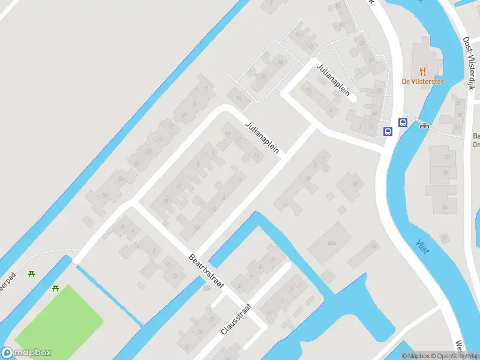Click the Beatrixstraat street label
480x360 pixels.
(206, 271)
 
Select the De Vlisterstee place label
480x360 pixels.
(423, 82)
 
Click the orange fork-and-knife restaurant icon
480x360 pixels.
(423, 70)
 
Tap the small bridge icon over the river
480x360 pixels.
(425, 126)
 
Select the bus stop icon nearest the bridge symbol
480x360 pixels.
(403, 123)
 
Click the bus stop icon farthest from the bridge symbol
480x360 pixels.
(388, 131)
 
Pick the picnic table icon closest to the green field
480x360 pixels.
(56, 289)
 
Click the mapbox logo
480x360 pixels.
(26, 353)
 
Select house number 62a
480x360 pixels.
(332, 243)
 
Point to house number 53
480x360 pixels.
(374, 247)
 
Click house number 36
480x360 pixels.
(445, 208)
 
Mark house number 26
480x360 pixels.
(239, 98)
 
